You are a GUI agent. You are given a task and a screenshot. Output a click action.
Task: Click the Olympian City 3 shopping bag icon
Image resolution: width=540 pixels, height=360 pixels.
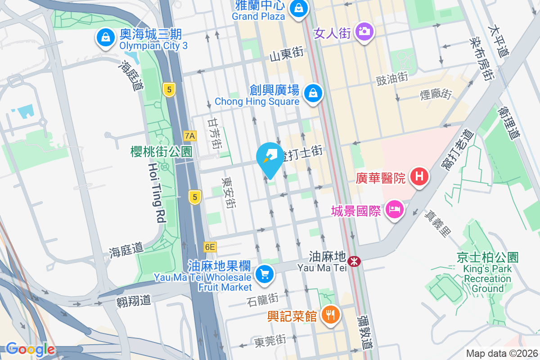point(105,38)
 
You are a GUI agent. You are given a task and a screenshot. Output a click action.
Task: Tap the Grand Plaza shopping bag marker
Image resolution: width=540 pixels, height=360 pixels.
point(297,8)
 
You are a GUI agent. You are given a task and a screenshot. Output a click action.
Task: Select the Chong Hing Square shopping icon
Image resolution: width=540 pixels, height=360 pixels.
point(311,94)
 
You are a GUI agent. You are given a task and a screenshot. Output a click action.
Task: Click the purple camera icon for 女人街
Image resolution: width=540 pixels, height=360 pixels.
point(363,31)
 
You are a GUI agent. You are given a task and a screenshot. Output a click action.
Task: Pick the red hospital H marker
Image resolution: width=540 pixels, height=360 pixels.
point(419,176)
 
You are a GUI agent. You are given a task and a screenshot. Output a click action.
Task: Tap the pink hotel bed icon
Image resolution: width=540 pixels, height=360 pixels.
point(395,209)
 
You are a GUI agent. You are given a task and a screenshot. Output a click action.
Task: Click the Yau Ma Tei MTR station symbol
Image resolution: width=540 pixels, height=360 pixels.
point(355,261)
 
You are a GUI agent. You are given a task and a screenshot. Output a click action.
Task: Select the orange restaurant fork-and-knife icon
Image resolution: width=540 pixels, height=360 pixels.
point(331,315)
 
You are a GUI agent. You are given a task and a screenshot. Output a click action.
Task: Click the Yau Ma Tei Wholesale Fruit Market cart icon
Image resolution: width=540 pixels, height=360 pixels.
point(264,274)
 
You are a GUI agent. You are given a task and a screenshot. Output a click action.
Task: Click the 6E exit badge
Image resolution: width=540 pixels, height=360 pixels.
point(210,247)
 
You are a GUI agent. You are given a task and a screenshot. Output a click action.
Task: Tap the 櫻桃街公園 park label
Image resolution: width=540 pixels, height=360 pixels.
point(161,151)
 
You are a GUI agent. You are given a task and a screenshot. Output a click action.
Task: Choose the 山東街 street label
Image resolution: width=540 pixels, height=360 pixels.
point(286,54)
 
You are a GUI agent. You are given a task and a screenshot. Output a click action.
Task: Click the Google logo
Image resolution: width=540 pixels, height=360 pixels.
point(30,349)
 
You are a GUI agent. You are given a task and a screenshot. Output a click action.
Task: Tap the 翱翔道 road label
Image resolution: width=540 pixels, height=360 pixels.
point(133,300)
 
